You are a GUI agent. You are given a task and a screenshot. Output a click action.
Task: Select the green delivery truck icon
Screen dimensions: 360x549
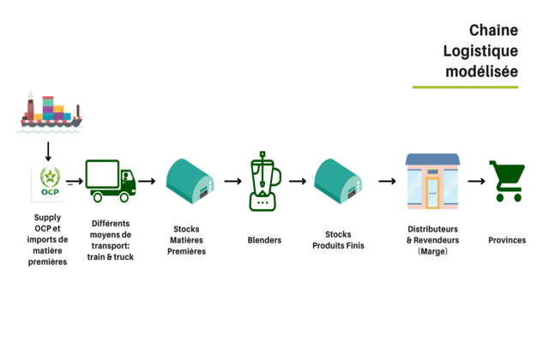pyautogui.click(x=111, y=181)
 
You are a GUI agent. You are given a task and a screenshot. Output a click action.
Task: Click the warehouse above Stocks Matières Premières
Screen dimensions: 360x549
pyautogui.click(x=190, y=181)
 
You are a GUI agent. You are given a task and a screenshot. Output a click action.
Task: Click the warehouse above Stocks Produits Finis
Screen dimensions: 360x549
pyautogui.click(x=337, y=181)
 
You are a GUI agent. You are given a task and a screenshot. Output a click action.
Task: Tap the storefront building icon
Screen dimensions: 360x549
pyautogui.click(x=432, y=181)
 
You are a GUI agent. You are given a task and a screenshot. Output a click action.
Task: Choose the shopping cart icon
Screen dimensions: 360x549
pyautogui.click(x=506, y=181)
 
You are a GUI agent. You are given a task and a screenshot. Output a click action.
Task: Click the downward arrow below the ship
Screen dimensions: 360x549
pyautogui.click(x=48, y=151)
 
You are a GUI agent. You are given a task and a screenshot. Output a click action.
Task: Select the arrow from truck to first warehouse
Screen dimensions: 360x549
pyautogui.click(x=147, y=182)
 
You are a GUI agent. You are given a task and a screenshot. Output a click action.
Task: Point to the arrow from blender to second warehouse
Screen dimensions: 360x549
pyautogui.click(x=298, y=182)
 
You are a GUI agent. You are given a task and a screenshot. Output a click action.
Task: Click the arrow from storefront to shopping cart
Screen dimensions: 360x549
pyautogui.click(x=476, y=182)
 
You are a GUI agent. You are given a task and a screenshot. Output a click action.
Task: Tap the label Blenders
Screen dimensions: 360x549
pyautogui.click(x=264, y=240)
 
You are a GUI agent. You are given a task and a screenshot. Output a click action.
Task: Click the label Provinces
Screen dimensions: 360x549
pyautogui.click(x=507, y=240)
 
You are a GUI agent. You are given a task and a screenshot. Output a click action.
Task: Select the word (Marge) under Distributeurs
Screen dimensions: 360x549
pyautogui.click(x=432, y=251)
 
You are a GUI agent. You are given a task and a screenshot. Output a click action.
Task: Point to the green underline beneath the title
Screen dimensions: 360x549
pyautogui.click(x=465, y=87)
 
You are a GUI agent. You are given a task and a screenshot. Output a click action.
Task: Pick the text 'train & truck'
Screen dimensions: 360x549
pyautogui.click(x=111, y=256)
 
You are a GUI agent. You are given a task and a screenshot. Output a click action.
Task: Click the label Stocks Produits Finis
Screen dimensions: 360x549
pyautogui.click(x=338, y=240)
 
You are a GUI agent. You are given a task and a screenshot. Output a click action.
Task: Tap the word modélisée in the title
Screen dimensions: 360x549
pyautogui.click(x=481, y=71)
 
